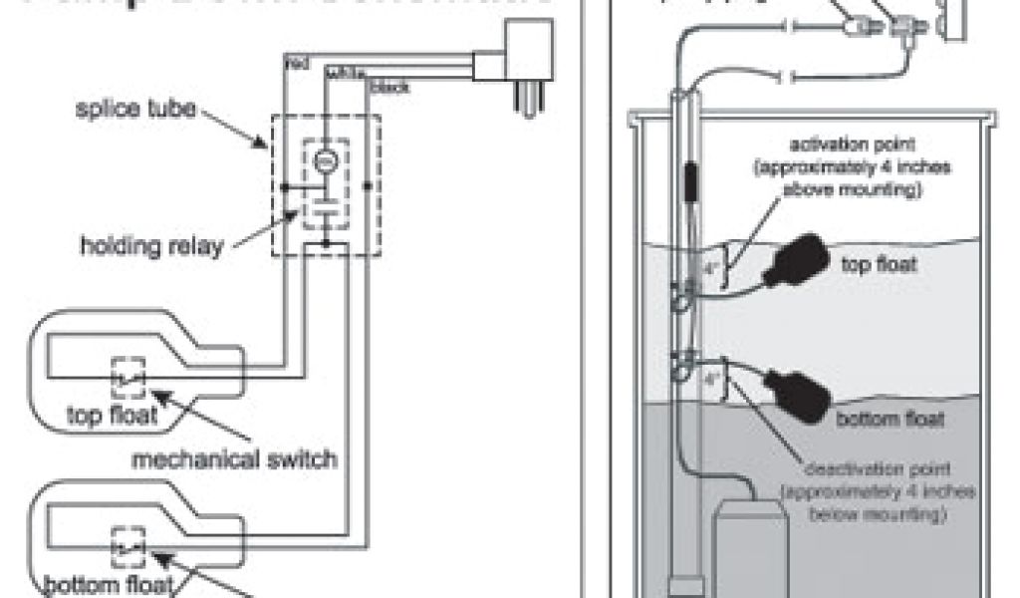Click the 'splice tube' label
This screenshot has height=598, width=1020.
(x=138, y=109)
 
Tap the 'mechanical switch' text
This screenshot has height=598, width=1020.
(x=236, y=458)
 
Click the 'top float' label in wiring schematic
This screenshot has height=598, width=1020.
(x=112, y=414)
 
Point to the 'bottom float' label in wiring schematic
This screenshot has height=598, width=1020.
(x=108, y=583)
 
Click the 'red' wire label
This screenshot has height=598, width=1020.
(x=296, y=64)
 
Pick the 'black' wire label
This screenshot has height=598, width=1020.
(x=389, y=88)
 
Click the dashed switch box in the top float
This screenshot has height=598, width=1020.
(x=128, y=378)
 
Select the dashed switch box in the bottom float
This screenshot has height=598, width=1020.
(x=128, y=545)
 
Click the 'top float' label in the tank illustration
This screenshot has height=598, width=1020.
(x=882, y=266)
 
